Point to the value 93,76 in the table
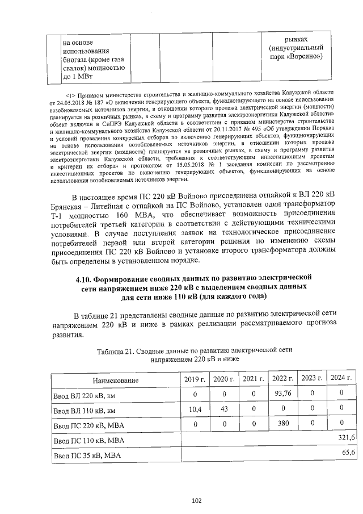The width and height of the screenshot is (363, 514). (x=282, y=394)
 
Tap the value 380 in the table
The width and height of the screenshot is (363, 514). (x=282, y=424)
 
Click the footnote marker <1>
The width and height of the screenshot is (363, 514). (x=70, y=92)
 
